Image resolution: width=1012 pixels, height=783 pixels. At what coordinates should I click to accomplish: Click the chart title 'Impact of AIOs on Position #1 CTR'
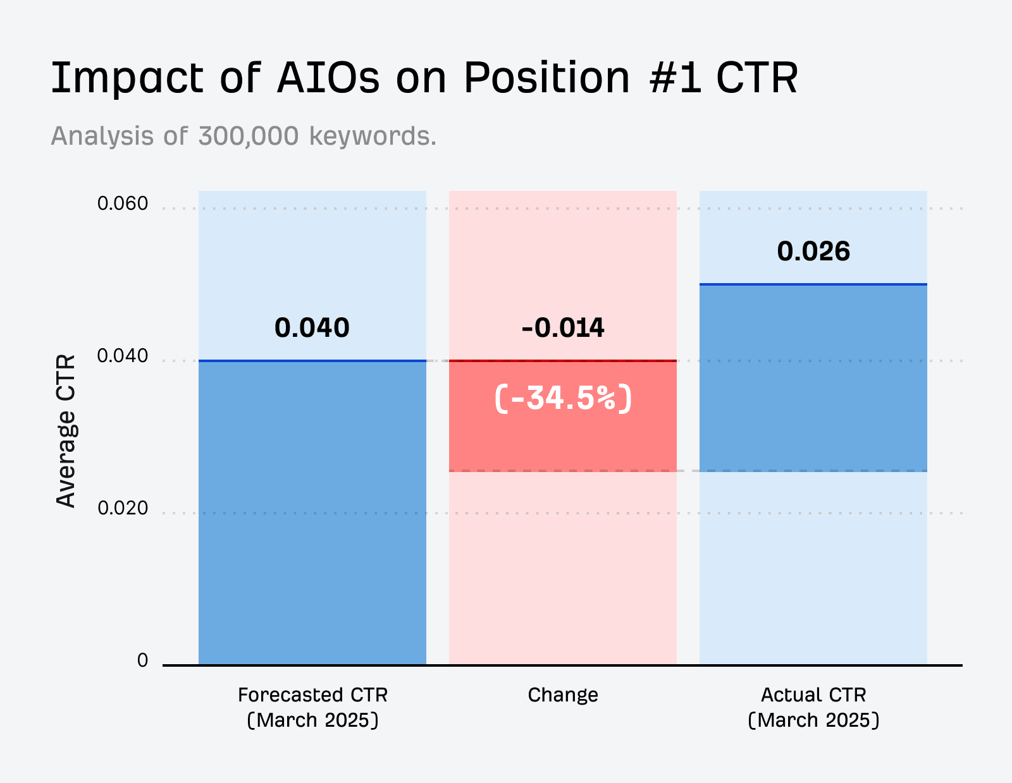424,78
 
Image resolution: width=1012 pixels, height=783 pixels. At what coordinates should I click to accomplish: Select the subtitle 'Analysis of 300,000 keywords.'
244,136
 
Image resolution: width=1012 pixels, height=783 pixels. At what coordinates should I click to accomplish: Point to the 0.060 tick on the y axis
122,203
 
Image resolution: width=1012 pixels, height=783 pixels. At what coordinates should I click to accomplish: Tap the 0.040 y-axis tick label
122,356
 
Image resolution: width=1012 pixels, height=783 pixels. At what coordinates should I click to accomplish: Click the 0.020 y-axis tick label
122,508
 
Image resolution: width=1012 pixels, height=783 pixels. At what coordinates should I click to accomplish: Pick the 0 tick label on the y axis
142,660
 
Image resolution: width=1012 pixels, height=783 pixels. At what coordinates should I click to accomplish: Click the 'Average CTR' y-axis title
66,431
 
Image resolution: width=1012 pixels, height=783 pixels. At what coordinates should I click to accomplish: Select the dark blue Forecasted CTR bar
312,512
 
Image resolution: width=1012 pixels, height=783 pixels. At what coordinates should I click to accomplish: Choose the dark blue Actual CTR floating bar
813,377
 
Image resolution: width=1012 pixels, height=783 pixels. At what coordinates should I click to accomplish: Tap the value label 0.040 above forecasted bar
312,328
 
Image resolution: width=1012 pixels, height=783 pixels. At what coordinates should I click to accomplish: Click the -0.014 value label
562,328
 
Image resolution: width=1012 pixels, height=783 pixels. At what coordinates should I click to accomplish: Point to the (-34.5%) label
562,398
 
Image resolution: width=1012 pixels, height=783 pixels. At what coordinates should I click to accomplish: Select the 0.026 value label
813,252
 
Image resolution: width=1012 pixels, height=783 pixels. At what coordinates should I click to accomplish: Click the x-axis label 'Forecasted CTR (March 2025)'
312,707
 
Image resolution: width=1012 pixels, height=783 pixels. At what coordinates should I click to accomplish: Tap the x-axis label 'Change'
562,695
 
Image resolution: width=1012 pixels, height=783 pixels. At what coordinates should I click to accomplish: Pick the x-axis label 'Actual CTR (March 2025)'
813,707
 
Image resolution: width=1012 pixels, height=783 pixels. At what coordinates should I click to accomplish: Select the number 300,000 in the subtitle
248,136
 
